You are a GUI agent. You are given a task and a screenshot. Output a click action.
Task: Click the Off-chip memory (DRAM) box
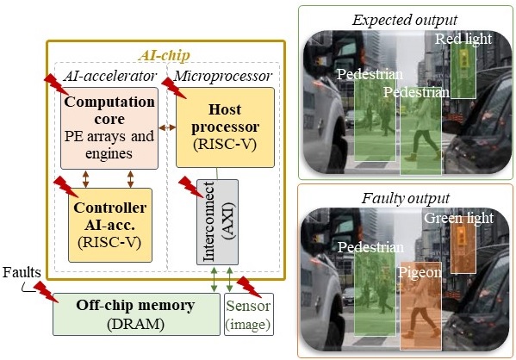pos(134,313)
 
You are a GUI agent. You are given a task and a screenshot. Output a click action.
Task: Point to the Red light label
pos(463,40)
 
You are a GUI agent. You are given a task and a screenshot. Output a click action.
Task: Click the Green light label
pos(458,219)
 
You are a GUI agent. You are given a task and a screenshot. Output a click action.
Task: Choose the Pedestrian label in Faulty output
pos(370,247)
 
